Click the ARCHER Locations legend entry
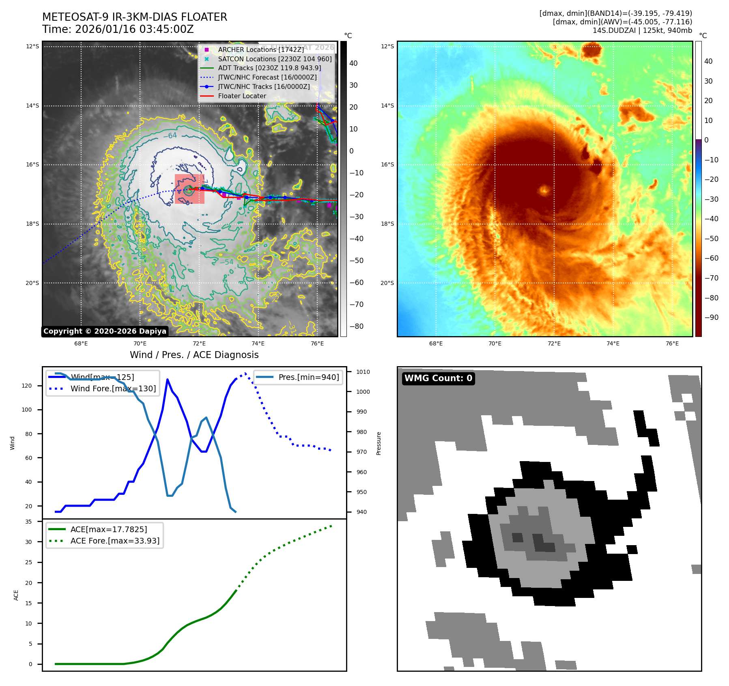(260, 50)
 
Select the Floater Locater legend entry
(242, 96)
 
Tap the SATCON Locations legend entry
(275, 59)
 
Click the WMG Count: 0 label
(438, 378)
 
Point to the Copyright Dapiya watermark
(105, 331)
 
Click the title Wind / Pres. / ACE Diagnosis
(194, 355)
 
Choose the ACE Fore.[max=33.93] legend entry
(115, 541)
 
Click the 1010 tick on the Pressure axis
(363, 372)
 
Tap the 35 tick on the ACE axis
(28, 522)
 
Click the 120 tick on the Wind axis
(27, 386)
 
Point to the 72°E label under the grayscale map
(199, 343)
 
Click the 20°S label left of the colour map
(387, 283)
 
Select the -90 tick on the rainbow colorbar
(711, 317)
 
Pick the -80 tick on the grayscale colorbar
(357, 326)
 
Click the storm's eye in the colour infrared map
(544, 189)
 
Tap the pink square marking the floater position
(189, 189)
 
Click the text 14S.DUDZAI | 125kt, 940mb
(642, 30)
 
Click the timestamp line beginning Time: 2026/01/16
(118, 29)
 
